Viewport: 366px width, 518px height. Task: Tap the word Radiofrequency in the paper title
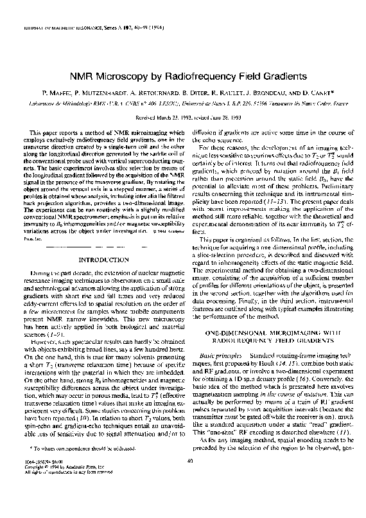tap(209, 76)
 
